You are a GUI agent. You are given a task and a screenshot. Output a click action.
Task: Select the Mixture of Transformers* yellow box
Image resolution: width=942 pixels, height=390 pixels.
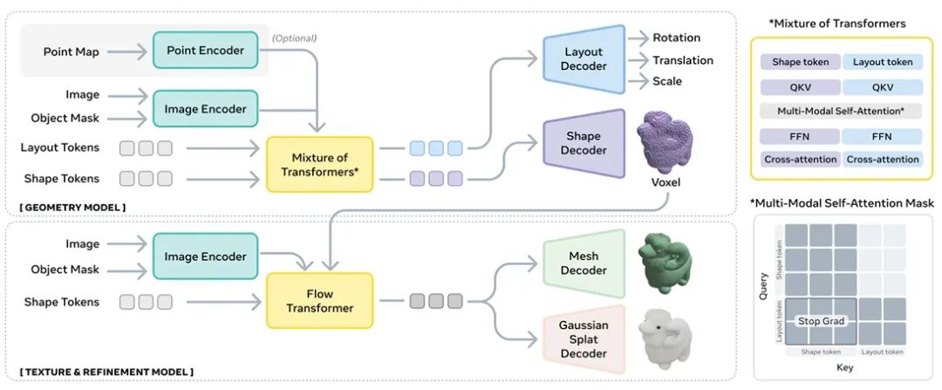[x=319, y=164]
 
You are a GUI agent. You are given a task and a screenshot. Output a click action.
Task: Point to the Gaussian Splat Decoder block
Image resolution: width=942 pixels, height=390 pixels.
[x=584, y=339]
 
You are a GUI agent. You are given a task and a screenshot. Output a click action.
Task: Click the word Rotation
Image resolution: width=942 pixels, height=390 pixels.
[x=676, y=38]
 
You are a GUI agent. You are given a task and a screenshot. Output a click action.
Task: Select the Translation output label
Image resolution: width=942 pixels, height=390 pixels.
[x=683, y=60]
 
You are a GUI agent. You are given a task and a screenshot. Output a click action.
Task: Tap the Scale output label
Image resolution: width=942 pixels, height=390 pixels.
[x=667, y=81]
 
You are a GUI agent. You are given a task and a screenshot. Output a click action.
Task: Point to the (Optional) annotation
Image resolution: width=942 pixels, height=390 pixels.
[x=294, y=38]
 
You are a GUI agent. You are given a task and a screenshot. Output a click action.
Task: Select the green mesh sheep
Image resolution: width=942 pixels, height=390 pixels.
[x=664, y=259]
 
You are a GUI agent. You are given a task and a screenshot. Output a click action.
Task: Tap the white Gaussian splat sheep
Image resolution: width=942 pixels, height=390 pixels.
[x=665, y=338]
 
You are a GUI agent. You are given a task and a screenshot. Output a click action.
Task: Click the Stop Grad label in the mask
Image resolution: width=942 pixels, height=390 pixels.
[x=821, y=321]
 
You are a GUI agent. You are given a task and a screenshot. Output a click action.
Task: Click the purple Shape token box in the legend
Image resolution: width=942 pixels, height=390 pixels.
[x=800, y=62]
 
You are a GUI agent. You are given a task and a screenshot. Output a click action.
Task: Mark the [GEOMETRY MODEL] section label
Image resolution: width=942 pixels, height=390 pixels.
[x=73, y=207]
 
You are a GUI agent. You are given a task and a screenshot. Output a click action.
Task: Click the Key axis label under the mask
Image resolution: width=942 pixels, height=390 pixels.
[x=845, y=367]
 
